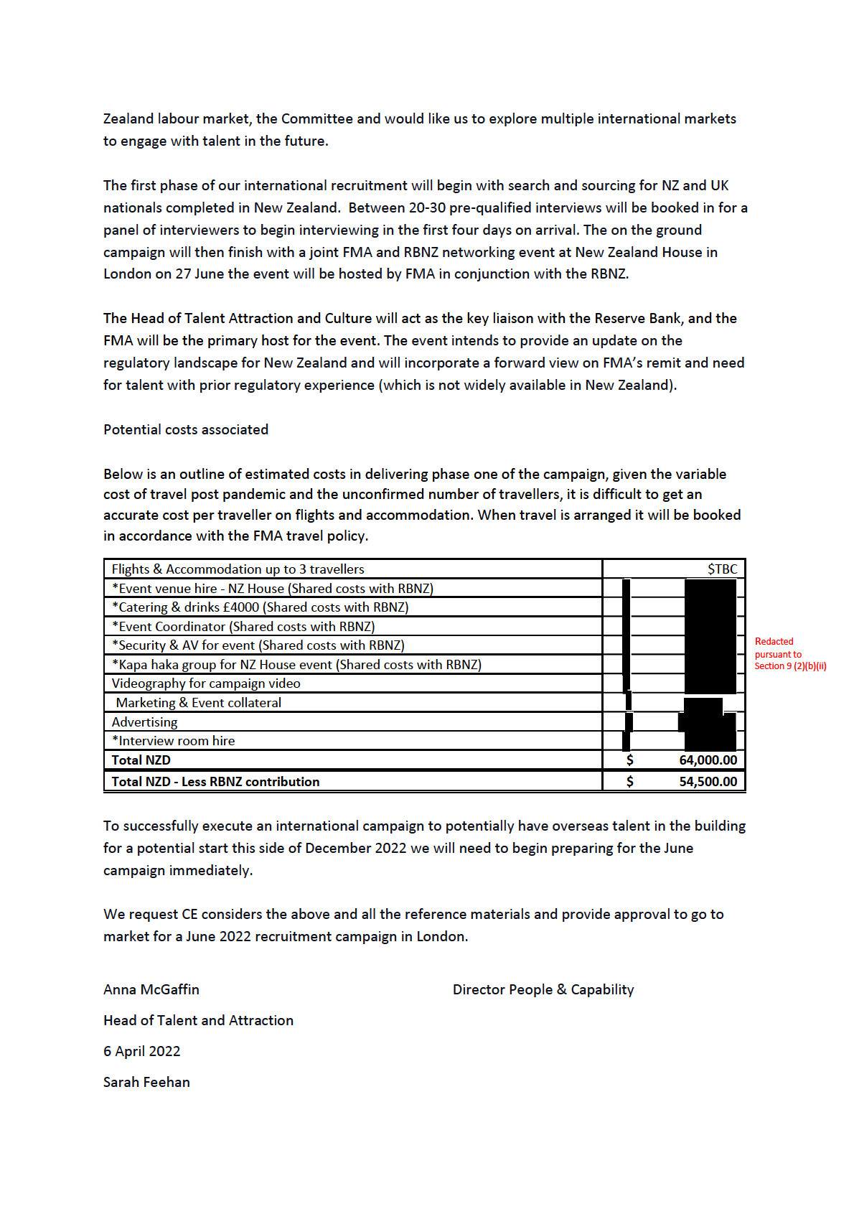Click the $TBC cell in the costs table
[x=722, y=569]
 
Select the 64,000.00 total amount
[x=708, y=760]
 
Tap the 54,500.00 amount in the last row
[x=708, y=782]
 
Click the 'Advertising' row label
[x=144, y=722]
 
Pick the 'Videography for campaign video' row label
[x=206, y=683]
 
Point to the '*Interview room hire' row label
[x=173, y=741]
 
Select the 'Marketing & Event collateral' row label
[x=198, y=703]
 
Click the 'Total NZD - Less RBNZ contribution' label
[x=215, y=782]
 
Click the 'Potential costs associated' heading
[x=186, y=429]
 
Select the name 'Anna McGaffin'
[x=151, y=989]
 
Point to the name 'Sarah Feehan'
[x=146, y=1082]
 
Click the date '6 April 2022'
[x=142, y=1051]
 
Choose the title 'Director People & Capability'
[x=543, y=989]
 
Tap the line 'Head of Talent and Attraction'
[x=198, y=1020]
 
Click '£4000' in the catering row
[x=241, y=607]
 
